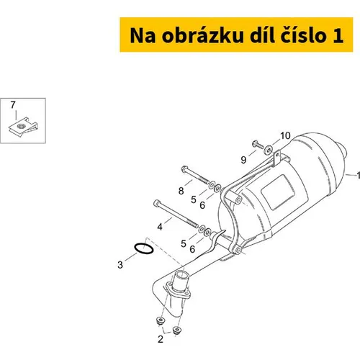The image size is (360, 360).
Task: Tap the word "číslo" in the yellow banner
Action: click(x=303, y=35)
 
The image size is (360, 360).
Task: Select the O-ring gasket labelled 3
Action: click(x=144, y=248)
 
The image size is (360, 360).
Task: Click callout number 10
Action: click(x=285, y=136)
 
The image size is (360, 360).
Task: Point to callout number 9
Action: click(x=243, y=160)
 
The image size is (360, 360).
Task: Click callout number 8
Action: click(x=181, y=191)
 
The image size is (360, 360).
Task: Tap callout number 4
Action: click(x=160, y=227)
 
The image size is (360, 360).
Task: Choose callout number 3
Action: click(x=120, y=265)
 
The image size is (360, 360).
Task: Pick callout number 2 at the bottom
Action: click(x=161, y=339)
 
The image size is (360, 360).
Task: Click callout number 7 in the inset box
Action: click(x=13, y=105)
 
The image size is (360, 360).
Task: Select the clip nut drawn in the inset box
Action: click(x=23, y=127)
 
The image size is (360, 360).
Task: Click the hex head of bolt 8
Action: click(x=184, y=169)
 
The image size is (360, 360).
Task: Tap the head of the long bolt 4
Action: click(x=156, y=203)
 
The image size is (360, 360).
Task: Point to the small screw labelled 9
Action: click(x=258, y=145)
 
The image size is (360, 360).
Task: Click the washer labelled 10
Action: click(x=269, y=150)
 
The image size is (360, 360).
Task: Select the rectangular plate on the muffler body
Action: click(x=284, y=192)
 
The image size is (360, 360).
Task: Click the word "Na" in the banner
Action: click(x=143, y=35)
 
